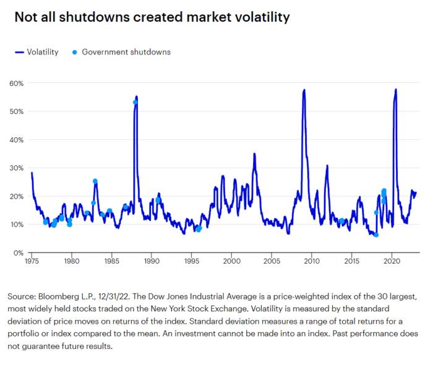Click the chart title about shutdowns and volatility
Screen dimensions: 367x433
coord(152,17)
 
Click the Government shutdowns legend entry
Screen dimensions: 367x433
coord(121,52)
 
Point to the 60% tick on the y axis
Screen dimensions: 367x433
coord(15,83)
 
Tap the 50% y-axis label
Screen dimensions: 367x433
coord(15,111)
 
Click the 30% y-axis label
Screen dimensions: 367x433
coord(15,168)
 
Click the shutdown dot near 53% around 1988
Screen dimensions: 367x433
coord(135,102)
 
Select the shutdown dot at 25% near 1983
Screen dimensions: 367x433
coord(95,181)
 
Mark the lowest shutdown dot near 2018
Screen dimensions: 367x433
coord(375,235)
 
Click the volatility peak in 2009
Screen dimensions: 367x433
coord(304,90)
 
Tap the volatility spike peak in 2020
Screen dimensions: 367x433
coord(395,90)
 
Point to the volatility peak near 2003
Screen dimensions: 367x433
coord(254,153)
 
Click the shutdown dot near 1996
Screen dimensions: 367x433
coord(199,229)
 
